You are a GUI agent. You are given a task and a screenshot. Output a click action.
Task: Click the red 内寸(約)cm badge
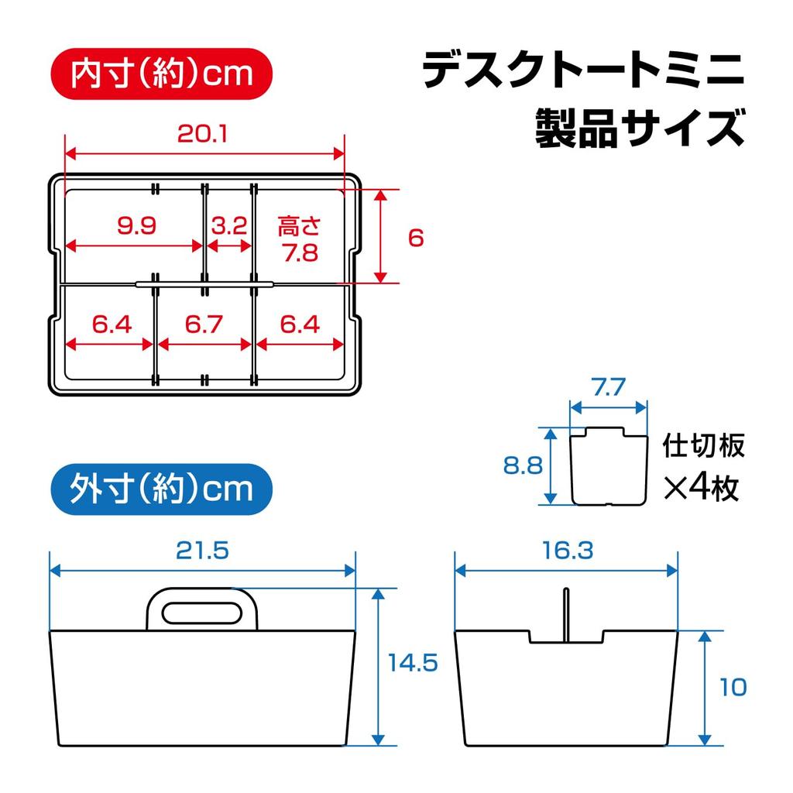pyautogui.click(x=162, y=74)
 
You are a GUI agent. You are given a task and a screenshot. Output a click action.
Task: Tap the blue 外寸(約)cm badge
pyautogui.click(x=162, y=489)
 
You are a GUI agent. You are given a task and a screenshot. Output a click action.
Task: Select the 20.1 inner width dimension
pyautogui.click(x=202, y=134)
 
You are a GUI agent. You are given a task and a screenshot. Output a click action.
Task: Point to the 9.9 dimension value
pyautogui.click(x=137, y=226)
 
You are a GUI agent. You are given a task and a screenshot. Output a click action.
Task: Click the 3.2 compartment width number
pyautogui.click(x=228, y=226)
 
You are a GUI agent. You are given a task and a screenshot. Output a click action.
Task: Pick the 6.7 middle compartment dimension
pyautogui.click(x=204, y=324)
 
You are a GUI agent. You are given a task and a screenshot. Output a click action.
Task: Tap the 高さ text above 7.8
pyautogui.click(x=300, y=226)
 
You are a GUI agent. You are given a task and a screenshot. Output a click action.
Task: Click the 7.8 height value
pyautogui.click(x=300, y=252)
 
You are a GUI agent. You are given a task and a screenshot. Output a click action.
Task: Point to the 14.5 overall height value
pyautogui.click(x=414, y=664)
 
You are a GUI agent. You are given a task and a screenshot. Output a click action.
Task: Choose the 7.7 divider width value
pyautogui.click(x=608, y=387)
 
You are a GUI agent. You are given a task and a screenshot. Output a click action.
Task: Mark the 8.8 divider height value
pyautogui.click(x=522, y=465)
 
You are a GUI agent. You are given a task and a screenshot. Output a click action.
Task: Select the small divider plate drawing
pyautogui.click(x=609, y=466)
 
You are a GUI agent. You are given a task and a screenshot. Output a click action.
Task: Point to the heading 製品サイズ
pyautogui.click(x=640, y=127)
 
